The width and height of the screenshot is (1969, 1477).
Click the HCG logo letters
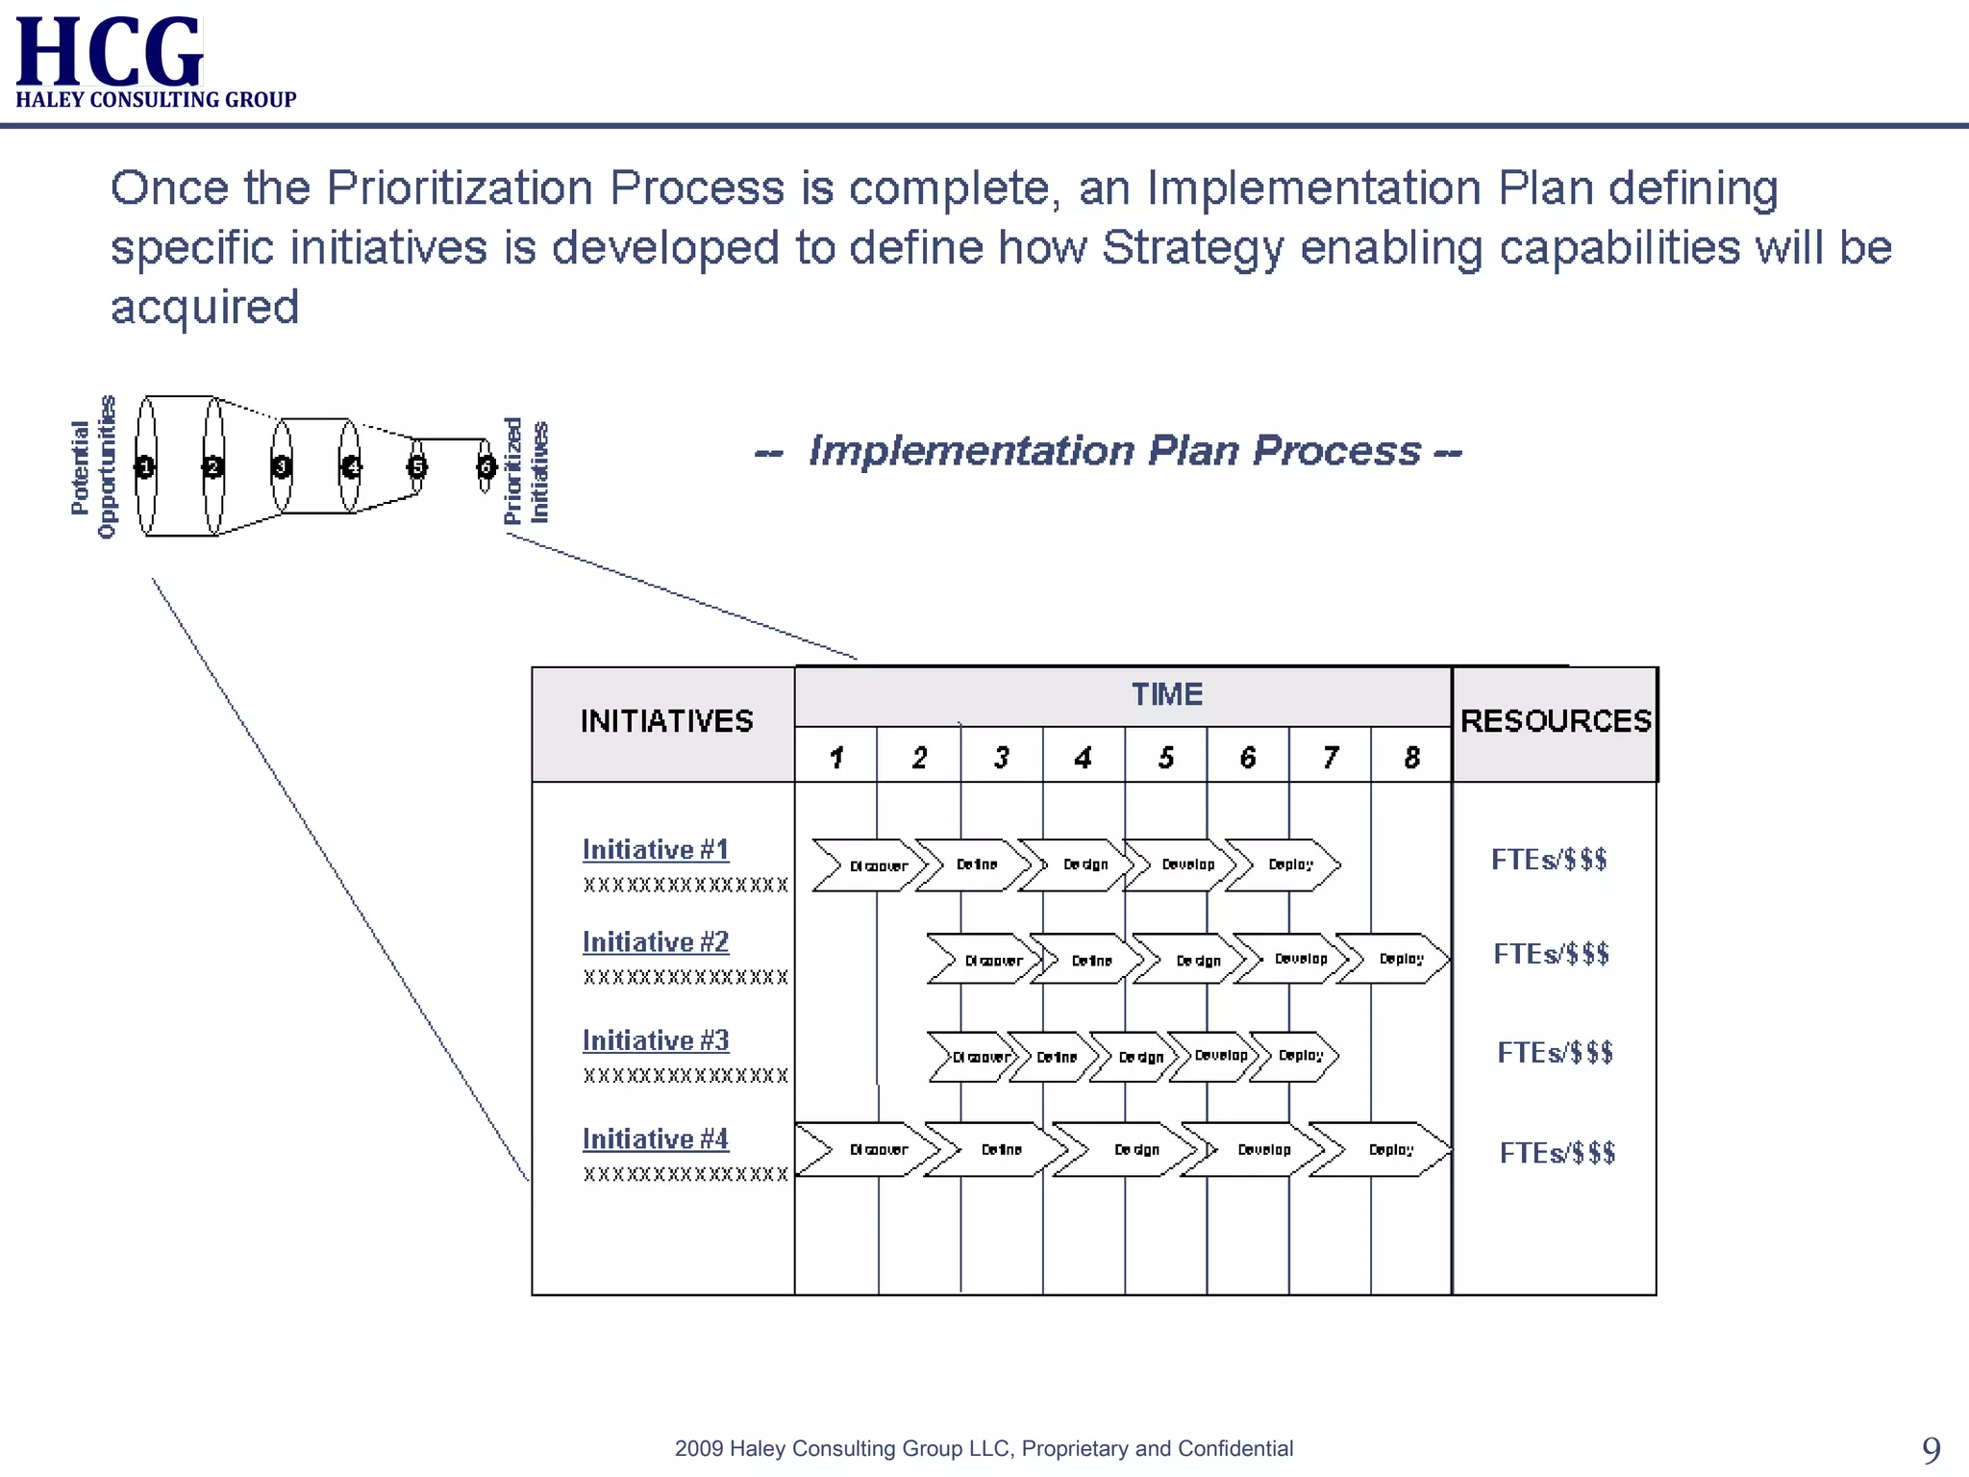coord(110,52)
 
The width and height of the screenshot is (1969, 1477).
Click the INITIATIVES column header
coord(666,721)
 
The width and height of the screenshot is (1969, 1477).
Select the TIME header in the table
coord(1166,694)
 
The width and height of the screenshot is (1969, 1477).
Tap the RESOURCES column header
coord(1556,721)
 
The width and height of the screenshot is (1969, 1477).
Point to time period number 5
coord(1166,758)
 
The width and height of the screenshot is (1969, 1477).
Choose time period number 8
coord(1411,758)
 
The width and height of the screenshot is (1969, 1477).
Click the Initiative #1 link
coord(656,850)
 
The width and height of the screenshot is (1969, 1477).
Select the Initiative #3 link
coord(656,1040)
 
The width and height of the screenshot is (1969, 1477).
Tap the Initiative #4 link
coord(656,1139)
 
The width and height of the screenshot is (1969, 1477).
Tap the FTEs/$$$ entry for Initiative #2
coord(1551,954)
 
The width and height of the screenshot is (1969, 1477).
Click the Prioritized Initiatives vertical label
coord(527,471)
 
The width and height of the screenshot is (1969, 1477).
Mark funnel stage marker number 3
coord(282,467)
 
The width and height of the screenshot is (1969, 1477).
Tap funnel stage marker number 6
coord(486,467)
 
